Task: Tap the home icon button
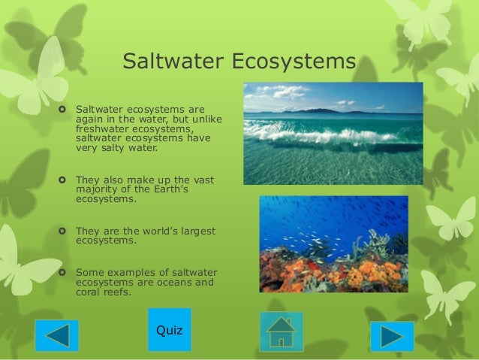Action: (x=281, y=331)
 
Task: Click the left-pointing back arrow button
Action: (x=56, y=335)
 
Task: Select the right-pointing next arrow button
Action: (x=391, y=336)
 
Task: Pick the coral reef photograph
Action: (x=333, y=244)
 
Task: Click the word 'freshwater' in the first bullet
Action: (x=101, y=129)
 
